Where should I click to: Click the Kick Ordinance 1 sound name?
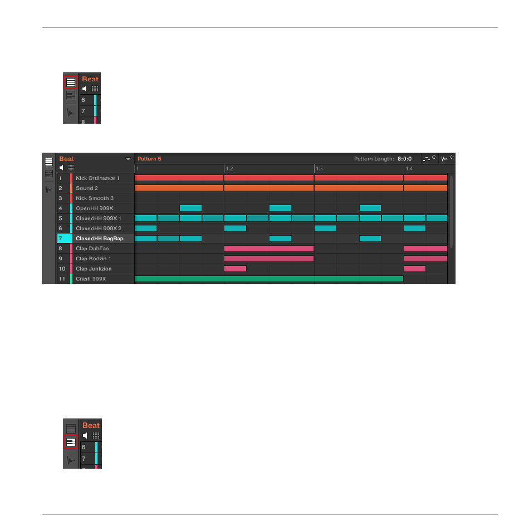click(97, 178)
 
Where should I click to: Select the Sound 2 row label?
click(87, 188)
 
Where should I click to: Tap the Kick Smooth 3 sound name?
click(95, 198)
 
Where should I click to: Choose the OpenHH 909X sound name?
click(94, 208)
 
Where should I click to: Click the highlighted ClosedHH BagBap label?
click(100, 239)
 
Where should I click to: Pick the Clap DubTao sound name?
click(92, 249)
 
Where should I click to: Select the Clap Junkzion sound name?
click(94, 269)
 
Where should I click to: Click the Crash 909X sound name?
click(91, 279)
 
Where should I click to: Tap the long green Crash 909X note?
click(269, 279)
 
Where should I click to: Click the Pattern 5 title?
click(149, 159)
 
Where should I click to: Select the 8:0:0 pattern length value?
click(404, 159)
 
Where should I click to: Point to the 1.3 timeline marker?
click(319, 168)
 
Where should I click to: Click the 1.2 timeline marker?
click(229, 168)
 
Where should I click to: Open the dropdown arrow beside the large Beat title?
click(128, 159)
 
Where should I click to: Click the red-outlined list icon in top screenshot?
click(71, 82)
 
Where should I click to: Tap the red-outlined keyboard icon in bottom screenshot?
click(71, 442)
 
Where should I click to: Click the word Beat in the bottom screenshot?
click(91, 426)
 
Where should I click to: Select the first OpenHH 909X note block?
click(190, 208)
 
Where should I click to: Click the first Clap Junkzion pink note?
click(235, 269)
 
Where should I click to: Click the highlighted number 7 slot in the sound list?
click(65, 239)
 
